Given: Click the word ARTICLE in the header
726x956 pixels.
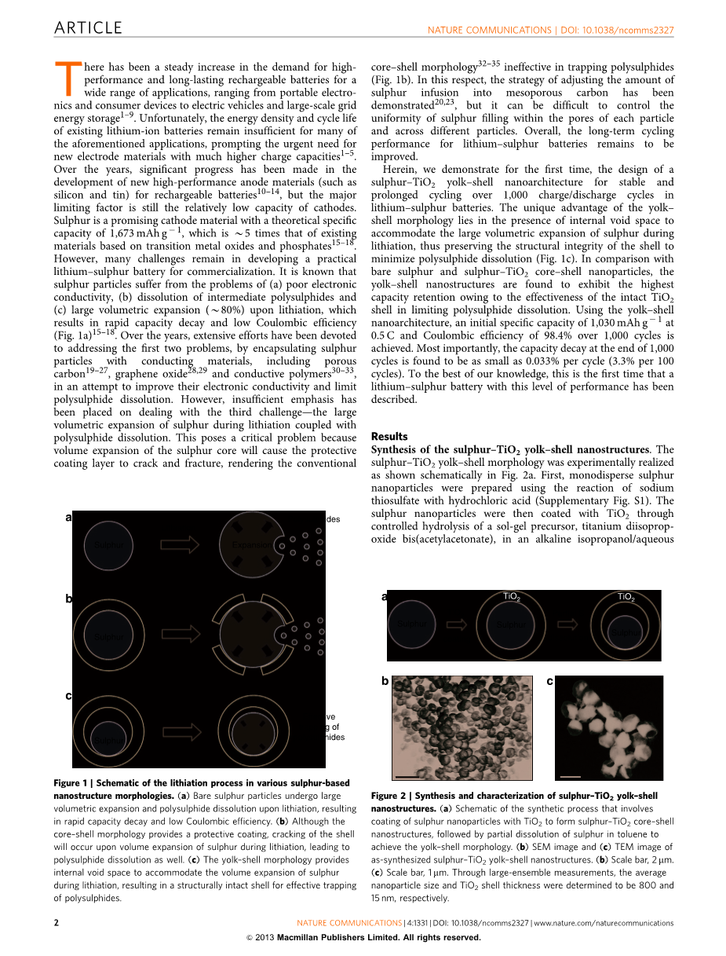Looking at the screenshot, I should point(88,28).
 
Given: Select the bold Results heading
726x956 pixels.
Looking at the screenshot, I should point(389,436).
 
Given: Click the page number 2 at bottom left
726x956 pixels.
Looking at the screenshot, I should point(56,923).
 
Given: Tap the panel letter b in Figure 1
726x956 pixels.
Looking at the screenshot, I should point(68,599).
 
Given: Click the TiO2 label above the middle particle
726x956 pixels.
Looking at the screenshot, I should point(511,597).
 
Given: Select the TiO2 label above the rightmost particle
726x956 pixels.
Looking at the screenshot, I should point(626,597).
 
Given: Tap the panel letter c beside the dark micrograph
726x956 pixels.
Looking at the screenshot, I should point(549,681).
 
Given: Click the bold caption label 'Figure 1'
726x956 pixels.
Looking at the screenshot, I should point(71,783).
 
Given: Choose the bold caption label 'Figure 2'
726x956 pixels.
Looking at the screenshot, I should point(388,796).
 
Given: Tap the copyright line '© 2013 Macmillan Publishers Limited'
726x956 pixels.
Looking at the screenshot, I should point(363,937).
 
